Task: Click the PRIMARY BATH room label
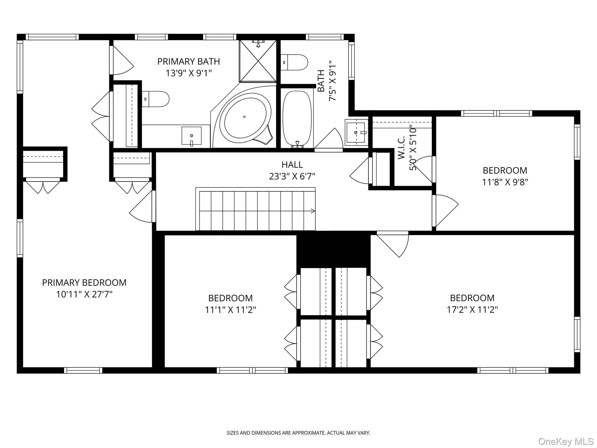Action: click(188, 62)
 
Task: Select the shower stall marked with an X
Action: click(258, 61)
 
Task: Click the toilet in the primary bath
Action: click(156, 99)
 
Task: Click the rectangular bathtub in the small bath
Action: click(297, 118)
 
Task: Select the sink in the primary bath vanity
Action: click(192, 136)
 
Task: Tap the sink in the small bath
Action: click(356, 133)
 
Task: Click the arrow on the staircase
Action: click(313, 211)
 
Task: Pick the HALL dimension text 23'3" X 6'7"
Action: click(292, 176)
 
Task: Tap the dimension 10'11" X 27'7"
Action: click(84, 294)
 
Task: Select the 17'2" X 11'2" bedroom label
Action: click(472, 309)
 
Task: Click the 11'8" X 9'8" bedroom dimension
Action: click(505, 182)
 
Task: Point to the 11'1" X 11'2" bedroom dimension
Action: click(230, 310)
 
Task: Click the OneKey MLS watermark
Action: click(566, 441)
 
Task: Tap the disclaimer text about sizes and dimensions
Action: click(298, 433)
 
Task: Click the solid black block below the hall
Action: click(333, 249)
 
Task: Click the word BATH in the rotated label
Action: click(321, 81)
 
